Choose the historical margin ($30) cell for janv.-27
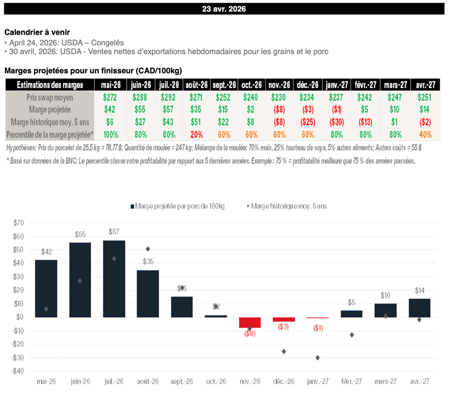point(337,122)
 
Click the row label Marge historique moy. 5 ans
point(50,122)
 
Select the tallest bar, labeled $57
point(114,279)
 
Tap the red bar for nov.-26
point(249,322)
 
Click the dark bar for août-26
point(148,294)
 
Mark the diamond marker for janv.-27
point(318,358)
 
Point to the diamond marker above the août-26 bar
point(148,249)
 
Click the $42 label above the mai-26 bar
point(46,252)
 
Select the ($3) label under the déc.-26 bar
point(283,327)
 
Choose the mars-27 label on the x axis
point(386,382)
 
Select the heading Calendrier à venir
point(37,32)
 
